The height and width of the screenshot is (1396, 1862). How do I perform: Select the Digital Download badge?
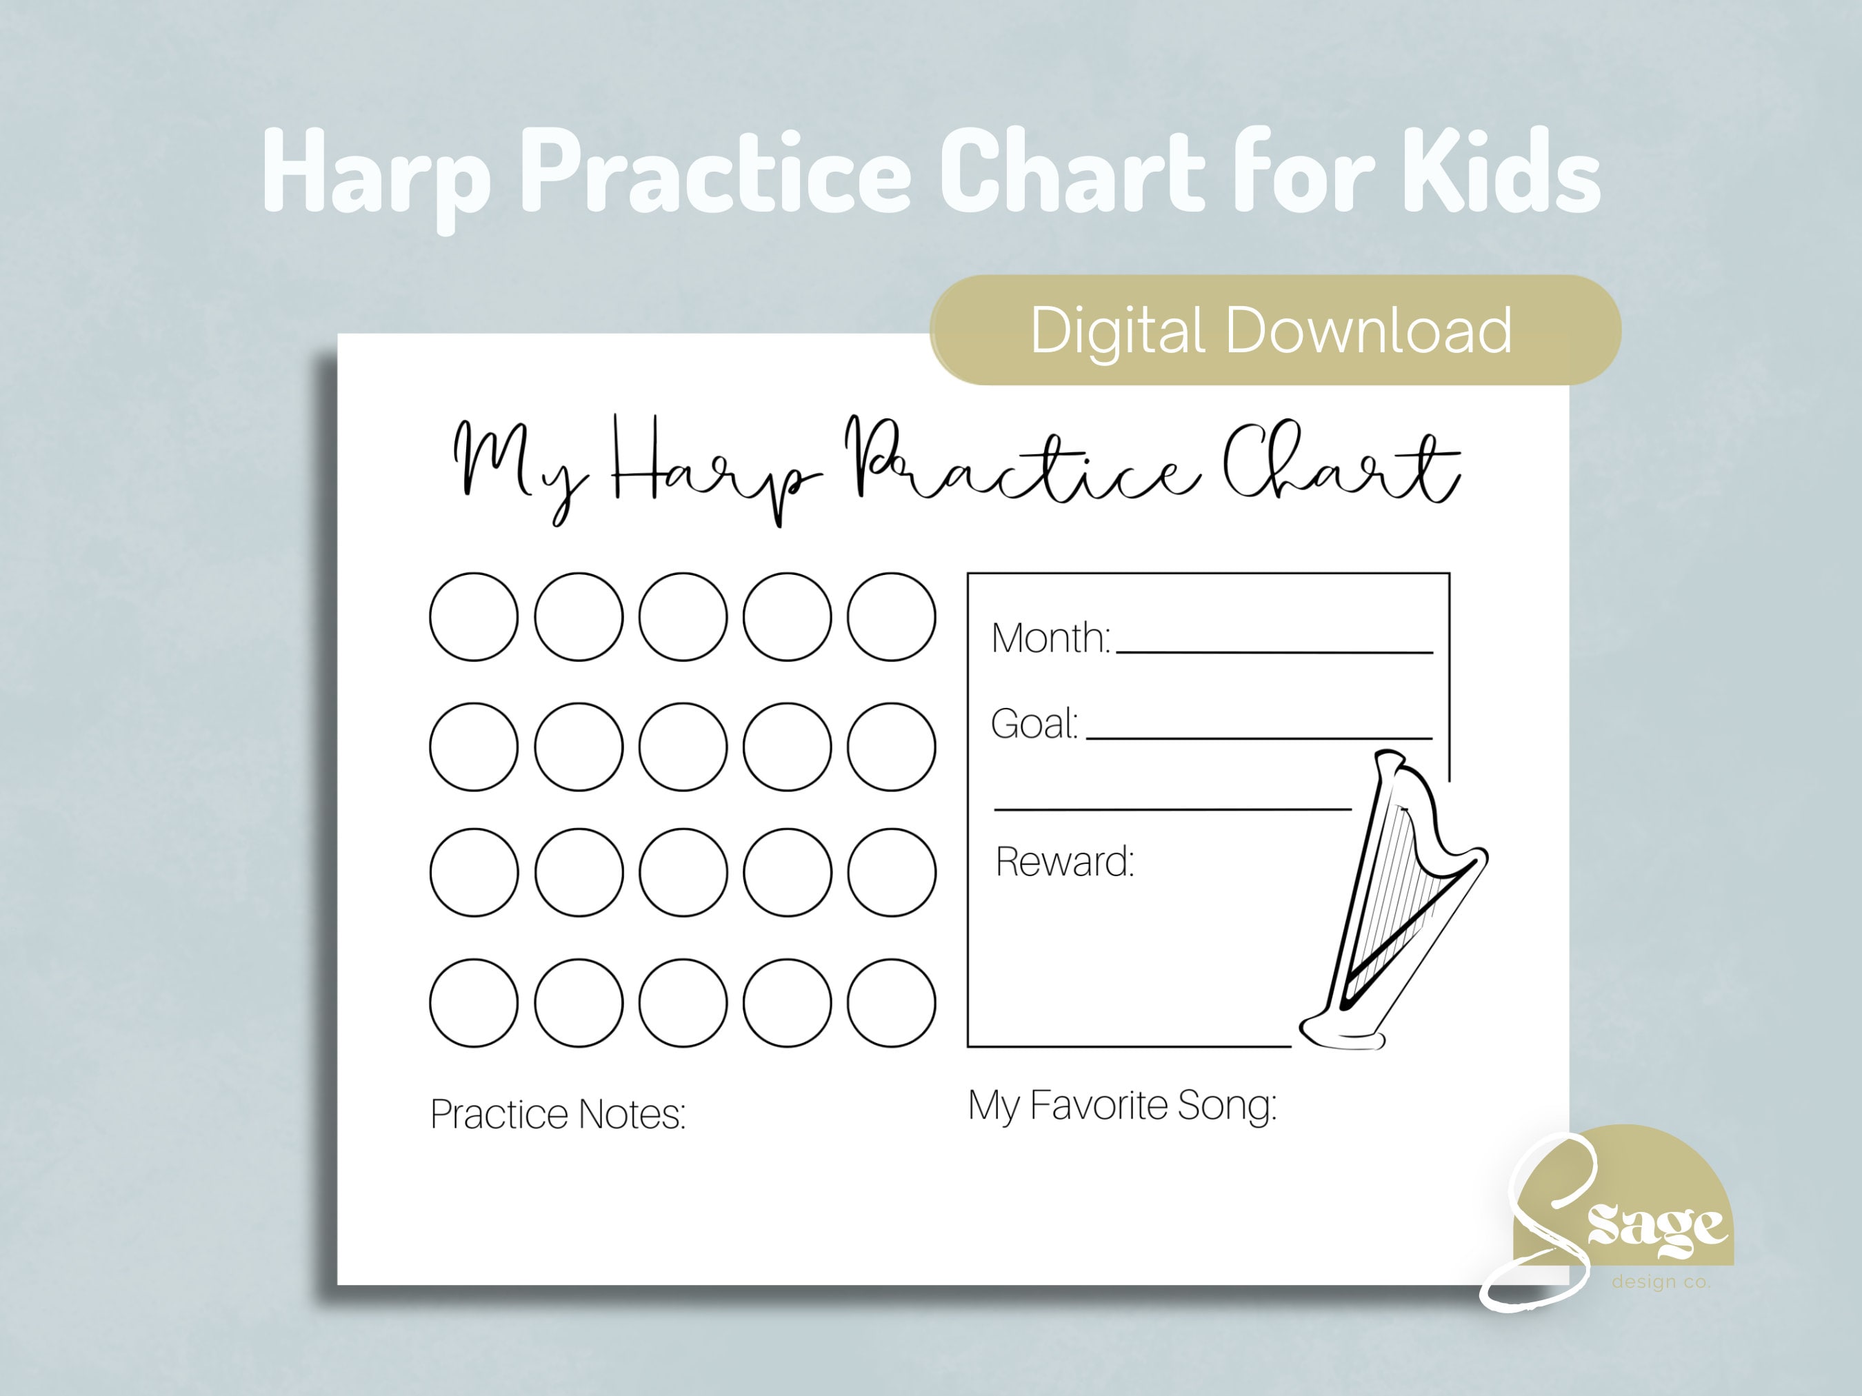tap(1274, 330)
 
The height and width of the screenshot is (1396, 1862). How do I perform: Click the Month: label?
tap(1050, 638)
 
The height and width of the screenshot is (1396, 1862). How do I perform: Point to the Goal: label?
tap(1034, 724)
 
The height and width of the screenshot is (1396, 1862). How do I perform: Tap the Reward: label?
tap(1065, 862)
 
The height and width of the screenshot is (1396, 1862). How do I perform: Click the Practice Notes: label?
tap(557, 1114)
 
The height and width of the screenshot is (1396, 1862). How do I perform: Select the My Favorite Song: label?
tap(1121, 1105)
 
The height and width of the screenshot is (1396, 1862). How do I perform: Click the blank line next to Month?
tap(1274, 649)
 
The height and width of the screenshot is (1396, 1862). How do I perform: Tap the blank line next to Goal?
tap(1259, 736)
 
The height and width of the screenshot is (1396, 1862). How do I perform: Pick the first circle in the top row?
tap(474, 617)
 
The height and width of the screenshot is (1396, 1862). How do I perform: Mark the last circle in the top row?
tap(892, 617)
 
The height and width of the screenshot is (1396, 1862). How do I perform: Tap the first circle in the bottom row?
tap(474, 1003)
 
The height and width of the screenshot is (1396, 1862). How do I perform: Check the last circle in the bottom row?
tap(892, 1003)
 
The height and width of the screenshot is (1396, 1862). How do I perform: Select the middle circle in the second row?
tap(683, 747)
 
